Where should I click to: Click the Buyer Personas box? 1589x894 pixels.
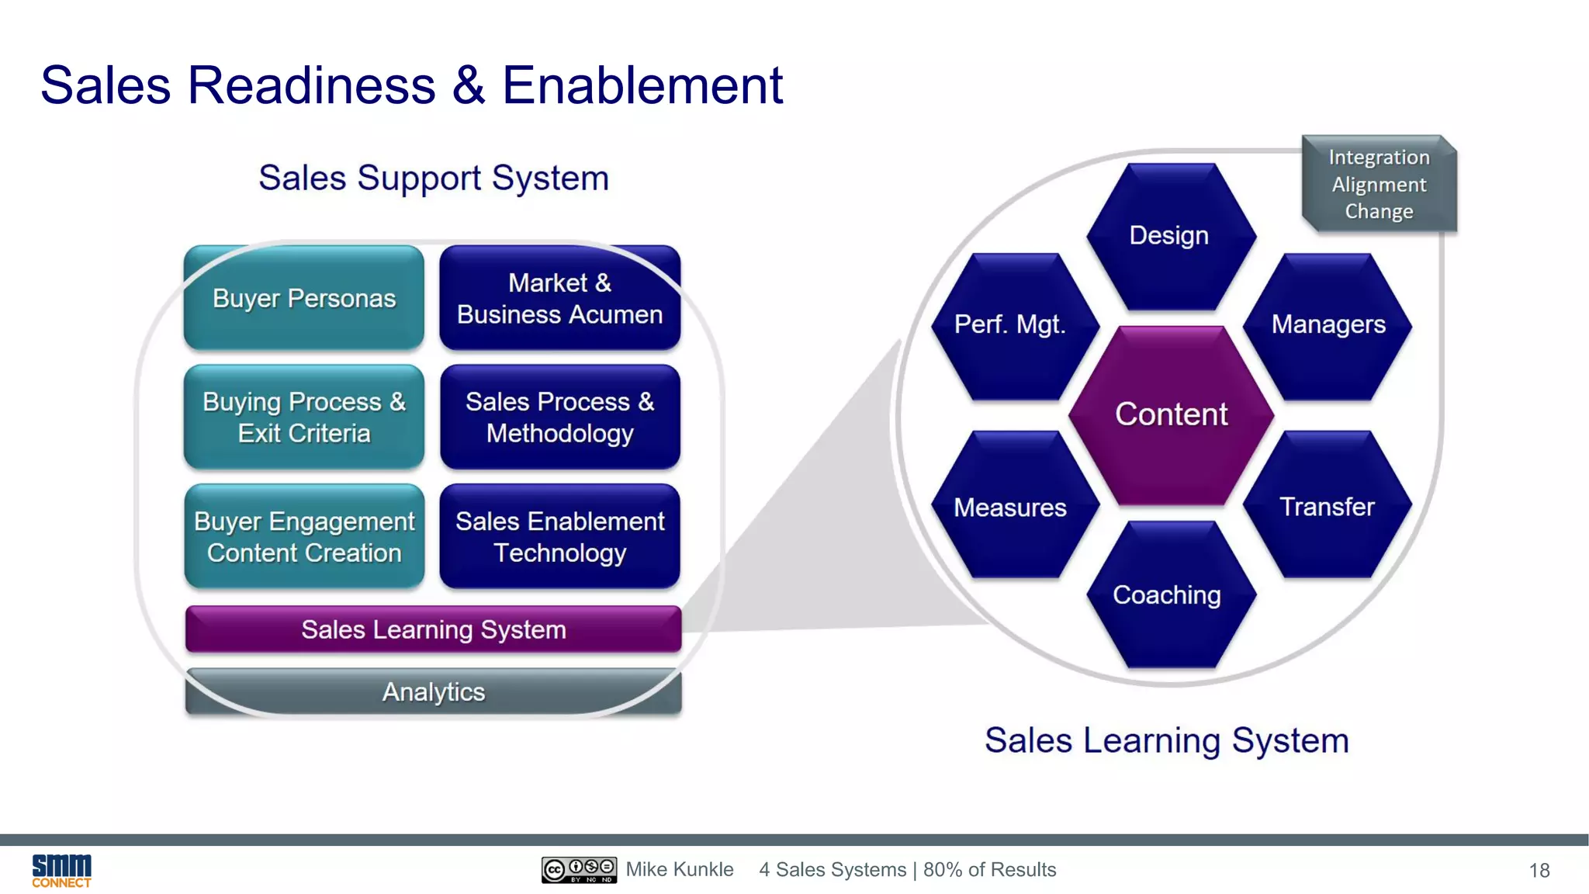304,298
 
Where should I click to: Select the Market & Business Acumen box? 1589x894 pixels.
559,298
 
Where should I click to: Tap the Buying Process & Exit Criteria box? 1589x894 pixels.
304,417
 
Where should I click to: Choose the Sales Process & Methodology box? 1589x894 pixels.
559,417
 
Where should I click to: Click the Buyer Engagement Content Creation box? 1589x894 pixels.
304,536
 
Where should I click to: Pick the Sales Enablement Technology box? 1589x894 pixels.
559,536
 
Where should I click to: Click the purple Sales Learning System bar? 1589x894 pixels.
433,629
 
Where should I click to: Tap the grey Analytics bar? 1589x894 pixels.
433,691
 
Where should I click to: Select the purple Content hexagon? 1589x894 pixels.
1171,414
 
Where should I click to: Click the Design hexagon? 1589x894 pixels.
1170,236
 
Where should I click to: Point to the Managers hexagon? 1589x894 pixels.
1328,325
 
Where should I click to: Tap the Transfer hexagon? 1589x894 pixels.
1327,506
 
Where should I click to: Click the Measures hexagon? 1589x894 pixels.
1011,506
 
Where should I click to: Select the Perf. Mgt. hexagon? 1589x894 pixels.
1011,325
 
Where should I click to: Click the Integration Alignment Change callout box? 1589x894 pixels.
1379,185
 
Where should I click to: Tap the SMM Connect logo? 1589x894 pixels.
61,871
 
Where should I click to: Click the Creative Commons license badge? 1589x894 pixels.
579,870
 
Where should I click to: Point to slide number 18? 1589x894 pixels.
1539,871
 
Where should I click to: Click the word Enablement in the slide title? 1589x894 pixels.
642,85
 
